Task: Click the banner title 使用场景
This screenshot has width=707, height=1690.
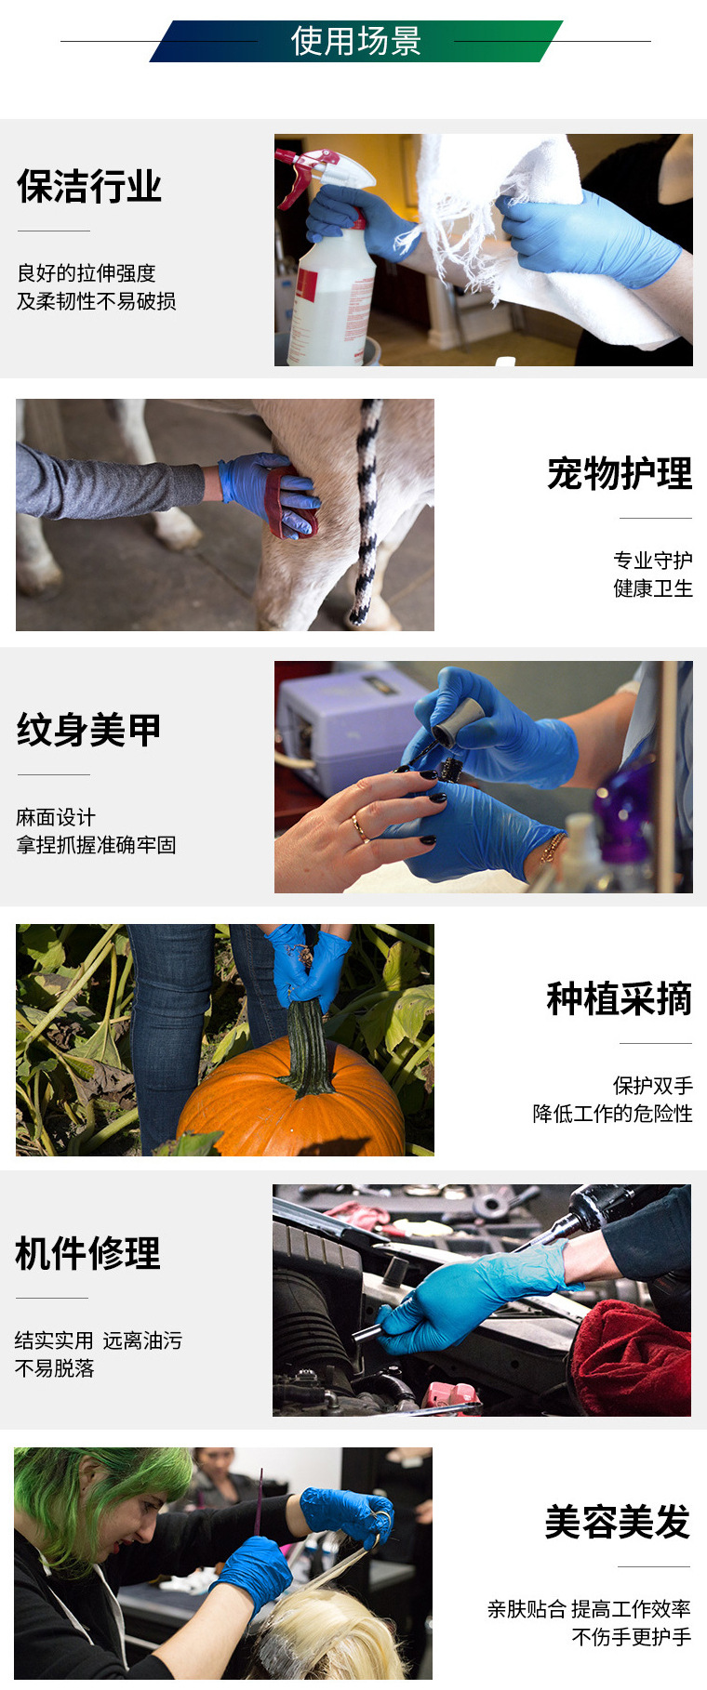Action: click(x=355, y=41)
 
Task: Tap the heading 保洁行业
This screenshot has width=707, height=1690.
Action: click(x=89, y=187)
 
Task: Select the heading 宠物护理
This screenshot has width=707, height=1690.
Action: click(x=619, y=474)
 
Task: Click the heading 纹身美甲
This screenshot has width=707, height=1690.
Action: click(x=89, y=731)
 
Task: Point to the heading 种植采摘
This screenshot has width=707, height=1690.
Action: click(x=619, y=999)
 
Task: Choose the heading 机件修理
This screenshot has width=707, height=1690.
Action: click(x=88, y=1254)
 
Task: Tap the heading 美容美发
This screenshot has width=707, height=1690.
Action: click(x=617, y=1523)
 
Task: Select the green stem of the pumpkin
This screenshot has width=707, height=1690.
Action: click(x=307, y=1050)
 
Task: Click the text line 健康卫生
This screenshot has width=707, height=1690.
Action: click(x=652, y=588)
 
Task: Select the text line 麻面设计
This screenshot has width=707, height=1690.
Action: click(x=56, y=817)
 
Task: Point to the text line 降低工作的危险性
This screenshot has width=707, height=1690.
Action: click(x=612, y=1114)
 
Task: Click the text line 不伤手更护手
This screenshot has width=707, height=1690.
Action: click(x=631, y=1637)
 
